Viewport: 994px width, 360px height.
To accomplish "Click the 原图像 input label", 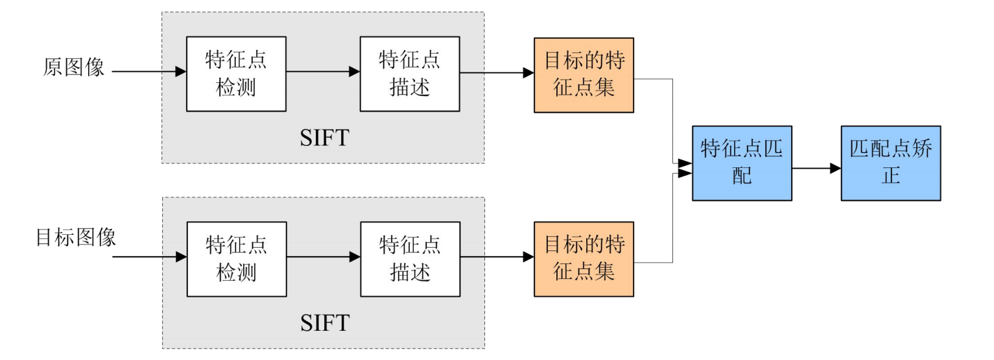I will point(73,67).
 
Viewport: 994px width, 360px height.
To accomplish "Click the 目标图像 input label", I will point(76,238).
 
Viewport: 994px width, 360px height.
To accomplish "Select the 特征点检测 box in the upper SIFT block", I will point(236,74).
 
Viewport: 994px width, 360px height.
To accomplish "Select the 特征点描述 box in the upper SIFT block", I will point(410,74).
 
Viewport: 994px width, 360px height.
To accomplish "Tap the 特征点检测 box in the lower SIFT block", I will point(236,259).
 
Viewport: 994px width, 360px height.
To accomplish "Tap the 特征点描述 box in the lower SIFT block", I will point(410,259).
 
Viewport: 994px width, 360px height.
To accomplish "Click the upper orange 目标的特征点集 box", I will point(584,75).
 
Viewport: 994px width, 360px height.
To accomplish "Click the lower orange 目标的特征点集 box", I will point(584,259).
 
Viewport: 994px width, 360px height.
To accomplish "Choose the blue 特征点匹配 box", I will point(742,163).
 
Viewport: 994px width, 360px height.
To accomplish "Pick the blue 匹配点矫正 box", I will point(890,163).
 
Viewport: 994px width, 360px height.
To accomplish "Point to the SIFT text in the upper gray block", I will point(324,138).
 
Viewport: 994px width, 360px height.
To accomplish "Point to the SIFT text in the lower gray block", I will point(324,322).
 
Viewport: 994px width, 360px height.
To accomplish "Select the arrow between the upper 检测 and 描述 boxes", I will point(323,72).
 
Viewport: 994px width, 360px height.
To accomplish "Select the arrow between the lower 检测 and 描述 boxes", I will point(323,257).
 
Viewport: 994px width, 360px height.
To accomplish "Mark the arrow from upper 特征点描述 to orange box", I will point(497,72).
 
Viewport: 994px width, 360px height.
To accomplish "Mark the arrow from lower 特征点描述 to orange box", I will point(497,257).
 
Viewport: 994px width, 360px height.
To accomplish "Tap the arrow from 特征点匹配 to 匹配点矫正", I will point(816,168).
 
